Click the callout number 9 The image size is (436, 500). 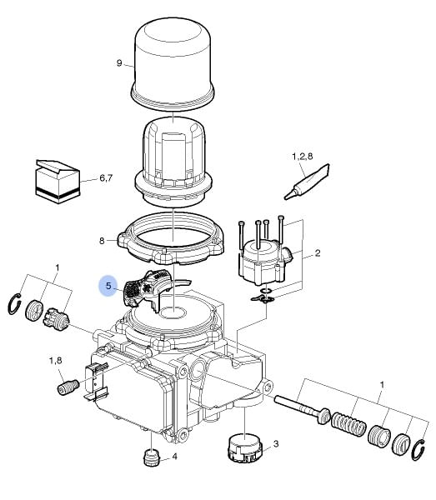tap(119, 63)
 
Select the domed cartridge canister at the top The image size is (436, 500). tap(173, 64)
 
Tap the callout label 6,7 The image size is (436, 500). tap(106, 178)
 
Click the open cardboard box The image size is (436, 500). tap(57, 182)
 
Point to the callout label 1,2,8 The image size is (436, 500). tap(303, 157)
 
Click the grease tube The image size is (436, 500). tap(307, 182)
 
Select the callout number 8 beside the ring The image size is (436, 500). tap(102, 241)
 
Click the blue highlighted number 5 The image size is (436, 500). tap(108, 286)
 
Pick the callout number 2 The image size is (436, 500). tap(318, 253)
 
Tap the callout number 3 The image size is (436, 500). tap(276, 443)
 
